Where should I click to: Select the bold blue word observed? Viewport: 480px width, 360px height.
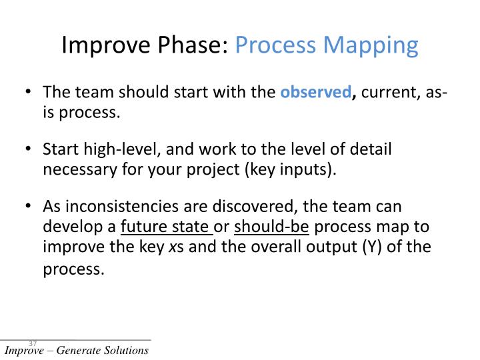(x=315, y=93)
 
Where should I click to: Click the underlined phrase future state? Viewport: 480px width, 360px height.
(x=165, y=227)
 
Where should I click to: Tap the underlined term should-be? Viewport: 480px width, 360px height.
(x=271, y=227)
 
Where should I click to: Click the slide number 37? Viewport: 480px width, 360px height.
(x=33, y=343)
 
